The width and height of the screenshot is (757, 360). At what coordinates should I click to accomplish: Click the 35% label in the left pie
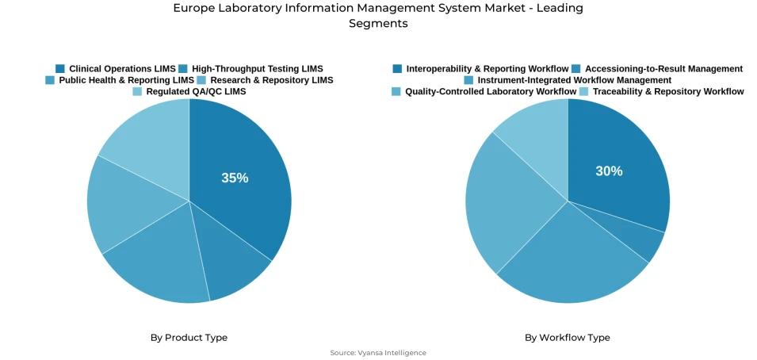pyautogui.click(x=235, y=178)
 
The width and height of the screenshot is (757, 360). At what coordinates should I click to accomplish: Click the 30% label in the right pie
pyautogui.click(x=609, y=171)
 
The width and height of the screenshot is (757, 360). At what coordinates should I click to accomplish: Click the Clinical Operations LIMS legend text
pyautogui.click(x=122, y=69)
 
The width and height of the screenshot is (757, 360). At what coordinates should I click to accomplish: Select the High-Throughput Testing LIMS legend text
pyautogui.click(x=257, y=69)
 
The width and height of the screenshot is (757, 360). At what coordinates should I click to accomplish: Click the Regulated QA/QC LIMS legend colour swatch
pyautogui.click(x=137, y=92)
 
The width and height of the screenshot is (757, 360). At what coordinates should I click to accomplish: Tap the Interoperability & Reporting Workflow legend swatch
pyautogui.click(x=397, y=69)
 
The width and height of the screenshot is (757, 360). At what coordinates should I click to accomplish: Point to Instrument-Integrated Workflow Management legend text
pyautogui.click(x=574, y=80)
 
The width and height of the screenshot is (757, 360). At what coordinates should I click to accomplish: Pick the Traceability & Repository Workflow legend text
pyautogui.click(x=667, y=92)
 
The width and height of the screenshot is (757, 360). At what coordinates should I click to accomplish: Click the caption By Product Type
pyautogui.click(x=189, y=338)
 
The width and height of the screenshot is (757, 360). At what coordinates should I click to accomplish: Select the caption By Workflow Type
pyautogui.click(x=567, y=338)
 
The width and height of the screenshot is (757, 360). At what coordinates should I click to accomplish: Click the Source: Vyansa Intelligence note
pyautogui.click(x=378, y=353)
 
